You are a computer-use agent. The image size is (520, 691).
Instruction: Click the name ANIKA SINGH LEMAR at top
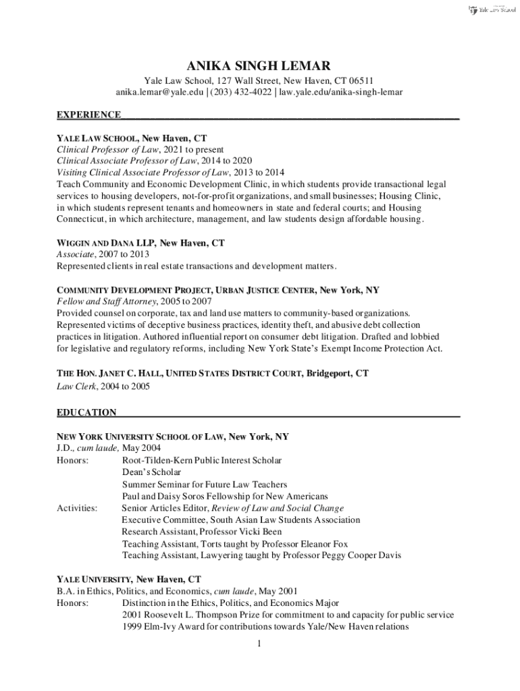point(259,65)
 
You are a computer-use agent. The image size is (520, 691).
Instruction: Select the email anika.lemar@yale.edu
point(159,92)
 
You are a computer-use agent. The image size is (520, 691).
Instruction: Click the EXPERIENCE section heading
point(88,115)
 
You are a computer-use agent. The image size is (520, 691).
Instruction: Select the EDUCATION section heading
point(86,412)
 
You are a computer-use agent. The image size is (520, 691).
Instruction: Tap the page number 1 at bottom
point(259,643)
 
